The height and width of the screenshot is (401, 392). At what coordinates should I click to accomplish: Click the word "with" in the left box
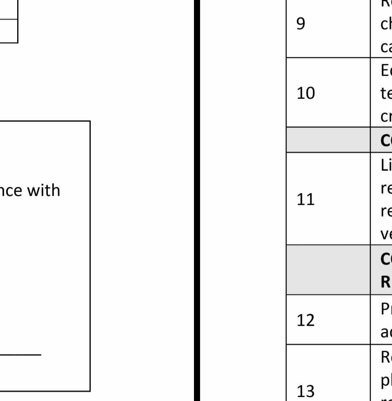[x=45, y=190]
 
